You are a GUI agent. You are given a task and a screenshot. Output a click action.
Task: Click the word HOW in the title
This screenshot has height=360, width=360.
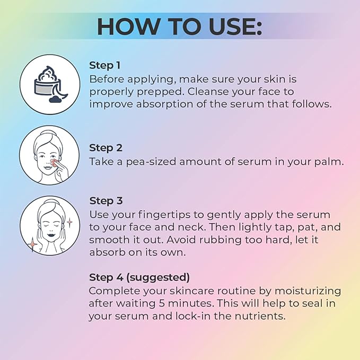[127, 27]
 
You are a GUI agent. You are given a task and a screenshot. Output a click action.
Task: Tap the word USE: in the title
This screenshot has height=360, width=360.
[235, 27]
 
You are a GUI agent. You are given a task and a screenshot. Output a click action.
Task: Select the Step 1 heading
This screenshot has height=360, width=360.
[104, 65]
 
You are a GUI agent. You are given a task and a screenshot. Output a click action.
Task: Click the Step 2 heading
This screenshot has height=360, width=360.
[106, 148]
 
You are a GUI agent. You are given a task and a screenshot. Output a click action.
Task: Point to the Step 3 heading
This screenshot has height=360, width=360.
[106, 201]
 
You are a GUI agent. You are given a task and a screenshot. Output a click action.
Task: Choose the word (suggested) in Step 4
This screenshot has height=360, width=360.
[158, 278]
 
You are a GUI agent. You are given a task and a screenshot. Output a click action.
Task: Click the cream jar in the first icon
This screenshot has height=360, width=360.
[48, 82]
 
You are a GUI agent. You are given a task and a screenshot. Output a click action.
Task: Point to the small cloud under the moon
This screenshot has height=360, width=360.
[55, 99]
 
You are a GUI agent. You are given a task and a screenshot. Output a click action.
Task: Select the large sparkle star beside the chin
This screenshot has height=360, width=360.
[32, 244]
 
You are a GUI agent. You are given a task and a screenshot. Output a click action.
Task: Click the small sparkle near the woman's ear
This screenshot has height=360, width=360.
[69, 222]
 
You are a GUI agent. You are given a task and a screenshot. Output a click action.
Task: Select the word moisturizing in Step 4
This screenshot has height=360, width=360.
[308, 292]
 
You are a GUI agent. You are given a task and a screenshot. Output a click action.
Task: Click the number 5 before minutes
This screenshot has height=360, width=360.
[161, 303]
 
